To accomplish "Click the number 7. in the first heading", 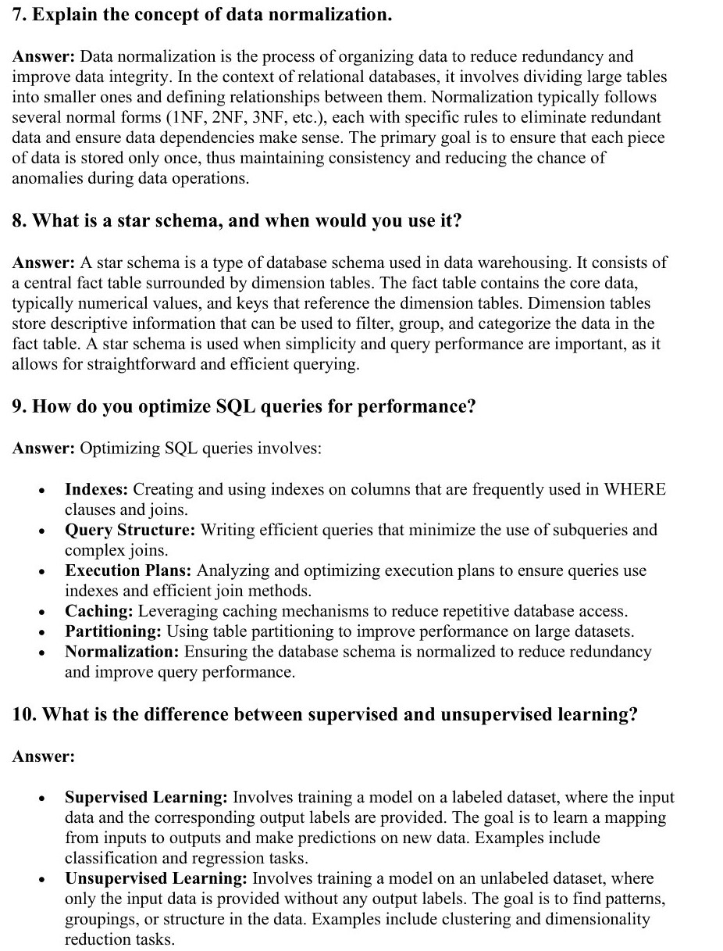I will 20,15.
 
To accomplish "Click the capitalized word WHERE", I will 636,489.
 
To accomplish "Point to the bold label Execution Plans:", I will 129,570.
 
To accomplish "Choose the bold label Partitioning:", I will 114,631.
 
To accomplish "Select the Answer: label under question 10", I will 44,756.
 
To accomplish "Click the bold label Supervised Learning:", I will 146,797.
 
